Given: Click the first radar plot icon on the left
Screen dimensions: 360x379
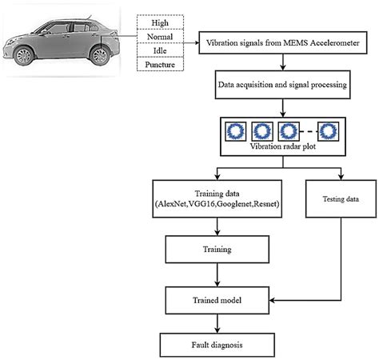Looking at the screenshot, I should coord(235,130).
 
